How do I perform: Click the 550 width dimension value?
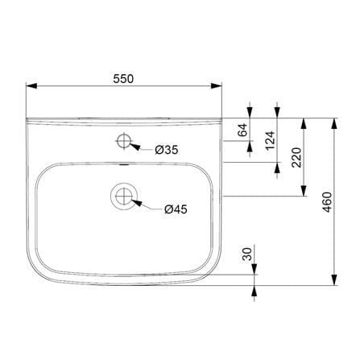123,79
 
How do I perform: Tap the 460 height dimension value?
327,202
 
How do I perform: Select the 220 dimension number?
296,157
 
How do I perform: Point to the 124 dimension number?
270,140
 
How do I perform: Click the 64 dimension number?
243,130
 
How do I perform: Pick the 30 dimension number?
247,254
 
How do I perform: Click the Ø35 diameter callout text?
167,150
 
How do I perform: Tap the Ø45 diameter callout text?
176,209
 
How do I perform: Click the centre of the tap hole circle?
124,141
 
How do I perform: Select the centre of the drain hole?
124,196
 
